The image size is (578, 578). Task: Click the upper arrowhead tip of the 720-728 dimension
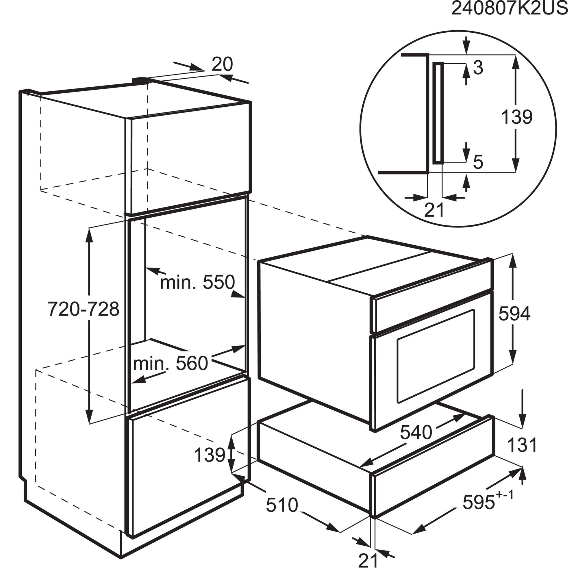pos(89,228)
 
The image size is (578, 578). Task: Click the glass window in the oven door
pos(436,356)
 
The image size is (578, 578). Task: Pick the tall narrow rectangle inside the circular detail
pos(438,113)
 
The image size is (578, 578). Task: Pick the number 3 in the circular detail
pos(478,68)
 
